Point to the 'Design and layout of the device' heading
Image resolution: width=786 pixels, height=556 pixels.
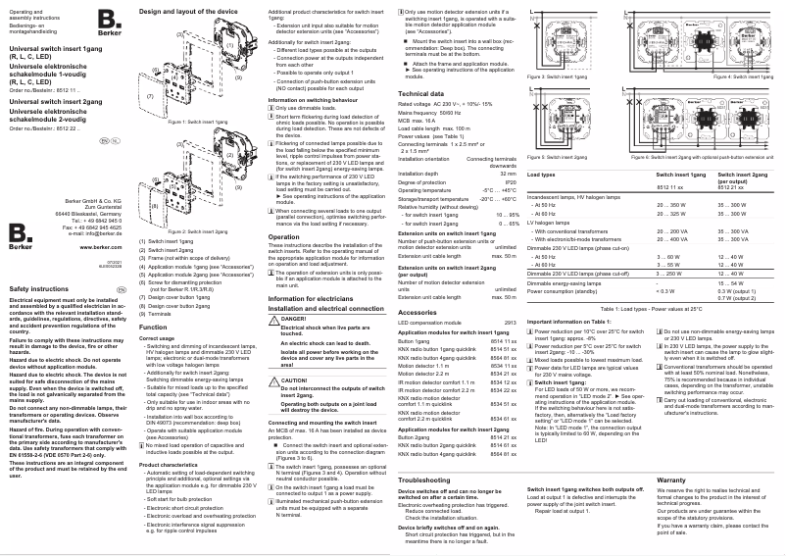point(189,9)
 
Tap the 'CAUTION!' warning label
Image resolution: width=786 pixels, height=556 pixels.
point(295,379)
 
